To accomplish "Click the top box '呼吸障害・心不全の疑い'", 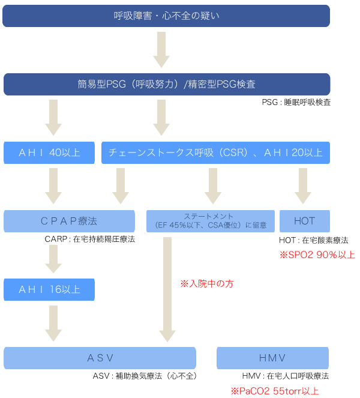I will (x=166, y=16).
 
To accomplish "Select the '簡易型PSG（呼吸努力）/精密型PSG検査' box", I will (x=166, y=84).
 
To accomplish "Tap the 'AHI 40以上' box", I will (x=49, y=152).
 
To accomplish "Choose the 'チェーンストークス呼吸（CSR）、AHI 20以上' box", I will (x=216, y=152).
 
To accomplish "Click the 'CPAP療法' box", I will (x=70, y=221).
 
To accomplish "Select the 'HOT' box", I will (x=305, y=221).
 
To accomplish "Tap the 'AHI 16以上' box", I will (x=49, y=289).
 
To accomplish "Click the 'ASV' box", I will (x=100, y=358).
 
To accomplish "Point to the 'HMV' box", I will (x=273, y=358).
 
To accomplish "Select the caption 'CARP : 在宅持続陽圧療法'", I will (x=89, y=240).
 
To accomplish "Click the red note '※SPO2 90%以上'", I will (x=317, y=255).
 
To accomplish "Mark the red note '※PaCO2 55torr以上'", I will (x=275, y=391).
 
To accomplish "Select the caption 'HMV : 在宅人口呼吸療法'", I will (x=285, y=376).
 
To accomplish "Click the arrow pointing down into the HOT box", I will (x=303, y=185).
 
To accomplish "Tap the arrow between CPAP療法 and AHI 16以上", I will (x=53, y=256).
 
